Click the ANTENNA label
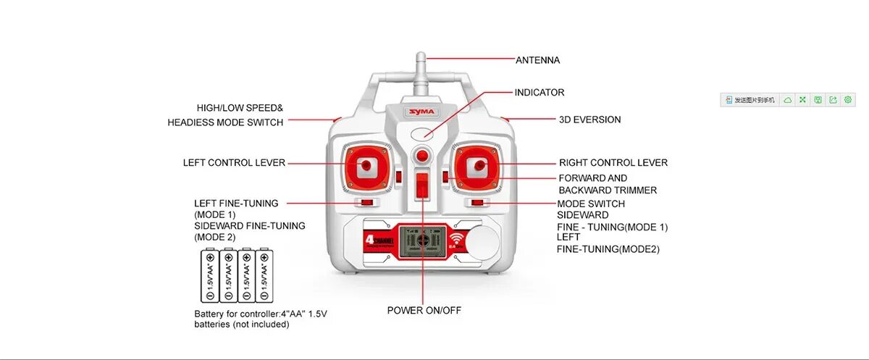(x=537, y=60)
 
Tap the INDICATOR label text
(x=539, y=93)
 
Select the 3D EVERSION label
(x=589, y=120)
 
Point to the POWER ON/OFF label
(x=424, y=311)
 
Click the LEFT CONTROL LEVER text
(x=234, y=163)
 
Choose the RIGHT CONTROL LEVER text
(x=613, y=163)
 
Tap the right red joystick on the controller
(x=477, y=166)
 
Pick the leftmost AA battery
(x=209, y=276)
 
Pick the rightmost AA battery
(x=266, y=276)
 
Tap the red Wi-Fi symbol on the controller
(x=456, y=238)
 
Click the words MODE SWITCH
(x=590, y=204)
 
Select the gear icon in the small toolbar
(x=847, y=99)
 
